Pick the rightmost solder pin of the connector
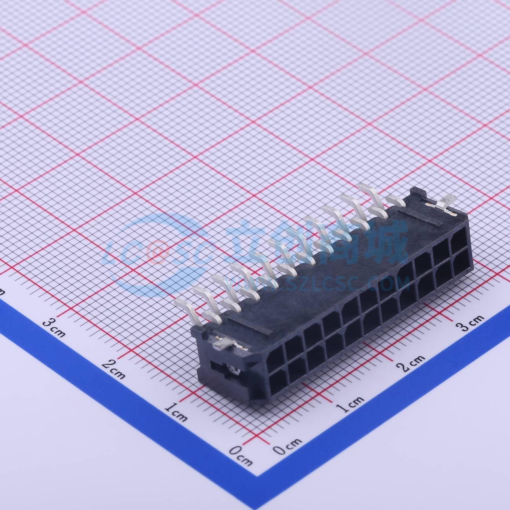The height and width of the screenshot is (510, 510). pyautogui.click(x=394, y=200)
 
